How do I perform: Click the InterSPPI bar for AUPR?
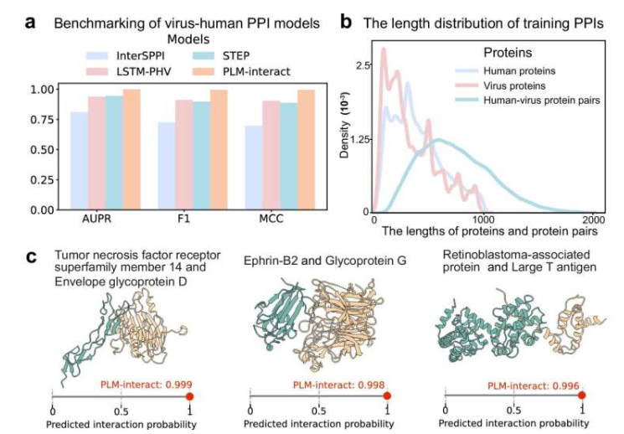point(79,160)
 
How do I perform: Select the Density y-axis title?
point(345,138)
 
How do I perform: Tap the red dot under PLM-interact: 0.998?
point(386,396)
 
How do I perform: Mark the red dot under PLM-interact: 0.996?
point(582,396)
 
